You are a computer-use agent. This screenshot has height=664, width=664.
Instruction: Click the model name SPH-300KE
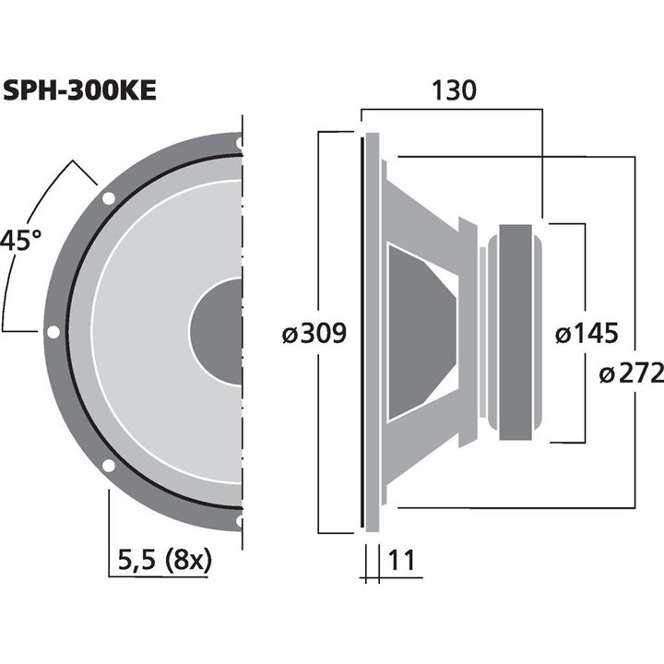coord(79,90)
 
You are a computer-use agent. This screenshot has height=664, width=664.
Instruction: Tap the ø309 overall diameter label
coord(314,334)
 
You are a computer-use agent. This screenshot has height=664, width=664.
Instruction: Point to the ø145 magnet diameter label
coord(587,334)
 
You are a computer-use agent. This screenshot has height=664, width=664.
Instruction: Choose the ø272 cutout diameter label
coord(631,373)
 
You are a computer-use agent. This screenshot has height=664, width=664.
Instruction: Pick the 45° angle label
coord(20,242)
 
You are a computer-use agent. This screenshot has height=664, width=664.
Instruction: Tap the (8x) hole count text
coord(187,559)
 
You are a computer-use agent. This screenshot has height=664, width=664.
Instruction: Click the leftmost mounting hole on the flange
coord(53,332)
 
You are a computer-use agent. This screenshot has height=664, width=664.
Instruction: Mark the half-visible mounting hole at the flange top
coord(240,143)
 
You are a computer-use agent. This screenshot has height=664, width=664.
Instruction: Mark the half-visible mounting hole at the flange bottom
coord(240,521)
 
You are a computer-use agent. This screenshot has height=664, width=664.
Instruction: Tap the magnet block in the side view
coord(515,329)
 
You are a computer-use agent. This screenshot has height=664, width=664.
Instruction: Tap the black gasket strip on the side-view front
coord(362,332)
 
